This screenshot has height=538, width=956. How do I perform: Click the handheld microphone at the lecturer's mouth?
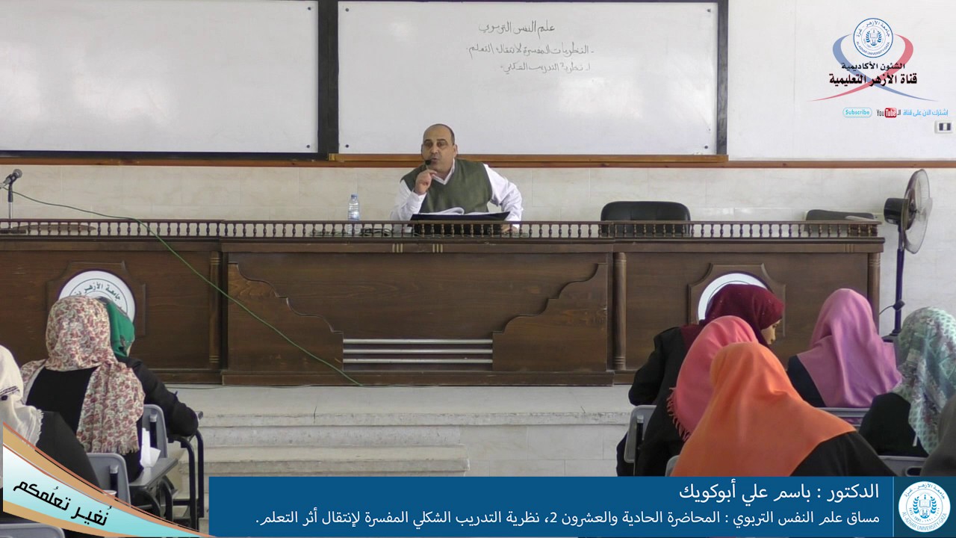(428, 164)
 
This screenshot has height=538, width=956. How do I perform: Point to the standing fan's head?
(910, 200)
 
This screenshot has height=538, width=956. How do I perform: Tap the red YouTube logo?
(887, 113)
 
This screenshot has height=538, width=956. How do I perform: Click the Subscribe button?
(857, 113)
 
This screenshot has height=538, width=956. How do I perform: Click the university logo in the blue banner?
(924, 507)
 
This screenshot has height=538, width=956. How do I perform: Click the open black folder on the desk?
(459, 217)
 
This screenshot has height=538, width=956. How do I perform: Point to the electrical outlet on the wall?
(943, 126)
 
